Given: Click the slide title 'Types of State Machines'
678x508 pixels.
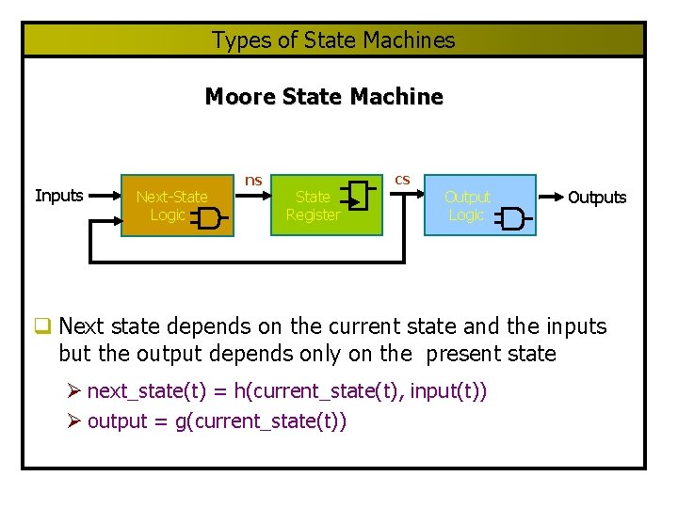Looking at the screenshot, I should (x=333, y=40).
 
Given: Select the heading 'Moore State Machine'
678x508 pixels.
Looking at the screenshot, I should (x=323, y=97).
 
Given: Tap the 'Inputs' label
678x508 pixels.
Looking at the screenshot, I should (x=58, y=196).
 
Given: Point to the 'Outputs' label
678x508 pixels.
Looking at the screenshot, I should (x=597, y=198).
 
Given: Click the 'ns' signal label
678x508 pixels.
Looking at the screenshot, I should (x=253, y=180).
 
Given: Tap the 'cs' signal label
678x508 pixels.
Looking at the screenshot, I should (x=402, y=179).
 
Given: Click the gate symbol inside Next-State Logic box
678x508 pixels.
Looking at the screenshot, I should (x=208, y=219).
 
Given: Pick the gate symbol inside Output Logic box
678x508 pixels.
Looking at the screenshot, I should (x=513, y=219).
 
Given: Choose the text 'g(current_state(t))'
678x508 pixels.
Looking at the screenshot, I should (x=262, y=421).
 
